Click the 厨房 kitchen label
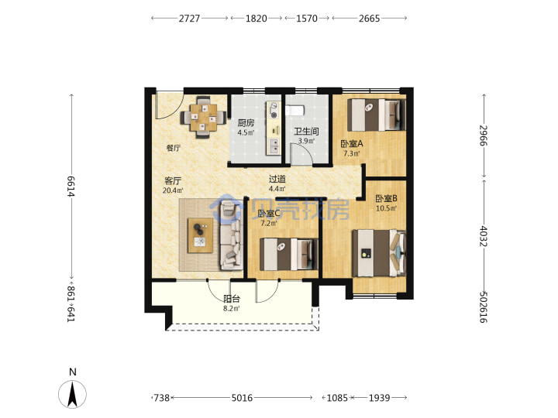pyautogui.click(x=246, y=123)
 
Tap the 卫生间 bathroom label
pyautogui.click(x=306, y=132)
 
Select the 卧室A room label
pyautogui.click(x=352, y=144)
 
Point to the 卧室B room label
pyautogui.click(x=386, y=198)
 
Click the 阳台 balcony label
pyautogui.click(x=231, y=299)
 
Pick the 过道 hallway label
pyautogui.click(x=277, y=179)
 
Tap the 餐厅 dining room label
pyautogui.click(x=174, y=148)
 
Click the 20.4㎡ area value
pyautogui.click(x=173, y=190)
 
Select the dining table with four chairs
pyautogui.click(x=203, y=117)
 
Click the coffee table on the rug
pyautogui.click(x=201, y=235)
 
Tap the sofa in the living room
pyautogui.click(x=231, y=235)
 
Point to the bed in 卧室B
pyautogui.click(x=379, y=253)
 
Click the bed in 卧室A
pyautogui.click(x=377, y=115)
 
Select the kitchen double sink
pyautogui.click(x=274, y=146)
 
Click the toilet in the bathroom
pyautogui.click(x=294, y=110)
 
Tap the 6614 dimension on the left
pyautogui.click(x=71, y=187)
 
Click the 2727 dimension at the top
pyautogui.click(x=189, y=18)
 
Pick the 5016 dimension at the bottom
pyautogui.click(x=242, y=398)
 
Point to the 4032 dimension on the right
pyautogui.click(x=484, y=236)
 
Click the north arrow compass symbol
pyautogui.click(x=73, y=394)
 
